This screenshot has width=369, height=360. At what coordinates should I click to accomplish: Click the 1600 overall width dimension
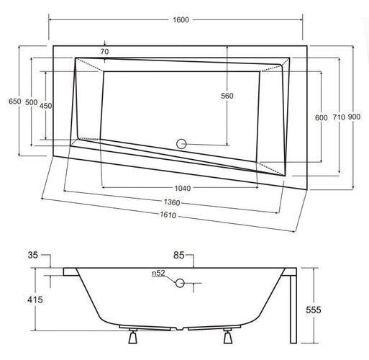point(181,19)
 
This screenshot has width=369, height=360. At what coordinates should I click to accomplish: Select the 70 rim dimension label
point(104,52)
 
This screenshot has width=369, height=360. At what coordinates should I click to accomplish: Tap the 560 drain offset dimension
point(227,96)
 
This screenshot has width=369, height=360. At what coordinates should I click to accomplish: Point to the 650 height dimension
point(15,102)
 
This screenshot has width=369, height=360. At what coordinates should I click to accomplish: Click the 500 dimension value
point(32,102)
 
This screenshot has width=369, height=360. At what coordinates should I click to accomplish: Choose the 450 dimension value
point(45,106)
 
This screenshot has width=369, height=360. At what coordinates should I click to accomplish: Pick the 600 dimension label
point(322,117)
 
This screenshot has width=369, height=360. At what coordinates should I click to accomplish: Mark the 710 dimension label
point(339,117)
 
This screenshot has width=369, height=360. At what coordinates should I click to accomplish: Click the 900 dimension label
point(354,117)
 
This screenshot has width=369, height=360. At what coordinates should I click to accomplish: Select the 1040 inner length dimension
point(183,189)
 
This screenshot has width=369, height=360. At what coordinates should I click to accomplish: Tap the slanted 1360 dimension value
point(172,202)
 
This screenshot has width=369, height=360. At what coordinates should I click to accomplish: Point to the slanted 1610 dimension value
point(168,215)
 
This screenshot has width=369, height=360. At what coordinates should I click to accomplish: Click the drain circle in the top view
point(181,144)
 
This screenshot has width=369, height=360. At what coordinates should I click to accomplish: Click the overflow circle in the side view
point(180,283)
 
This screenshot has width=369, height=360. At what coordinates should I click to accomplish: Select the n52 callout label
point(158,273)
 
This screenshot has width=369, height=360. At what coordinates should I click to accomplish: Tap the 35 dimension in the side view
point(32,255)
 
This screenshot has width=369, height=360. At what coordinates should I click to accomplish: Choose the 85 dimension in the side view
point(179,255)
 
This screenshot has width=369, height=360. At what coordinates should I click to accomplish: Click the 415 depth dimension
point(35,300)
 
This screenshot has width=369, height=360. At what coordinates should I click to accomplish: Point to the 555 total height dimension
point(314,310)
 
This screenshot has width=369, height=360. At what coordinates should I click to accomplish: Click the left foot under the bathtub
point(132,336)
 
